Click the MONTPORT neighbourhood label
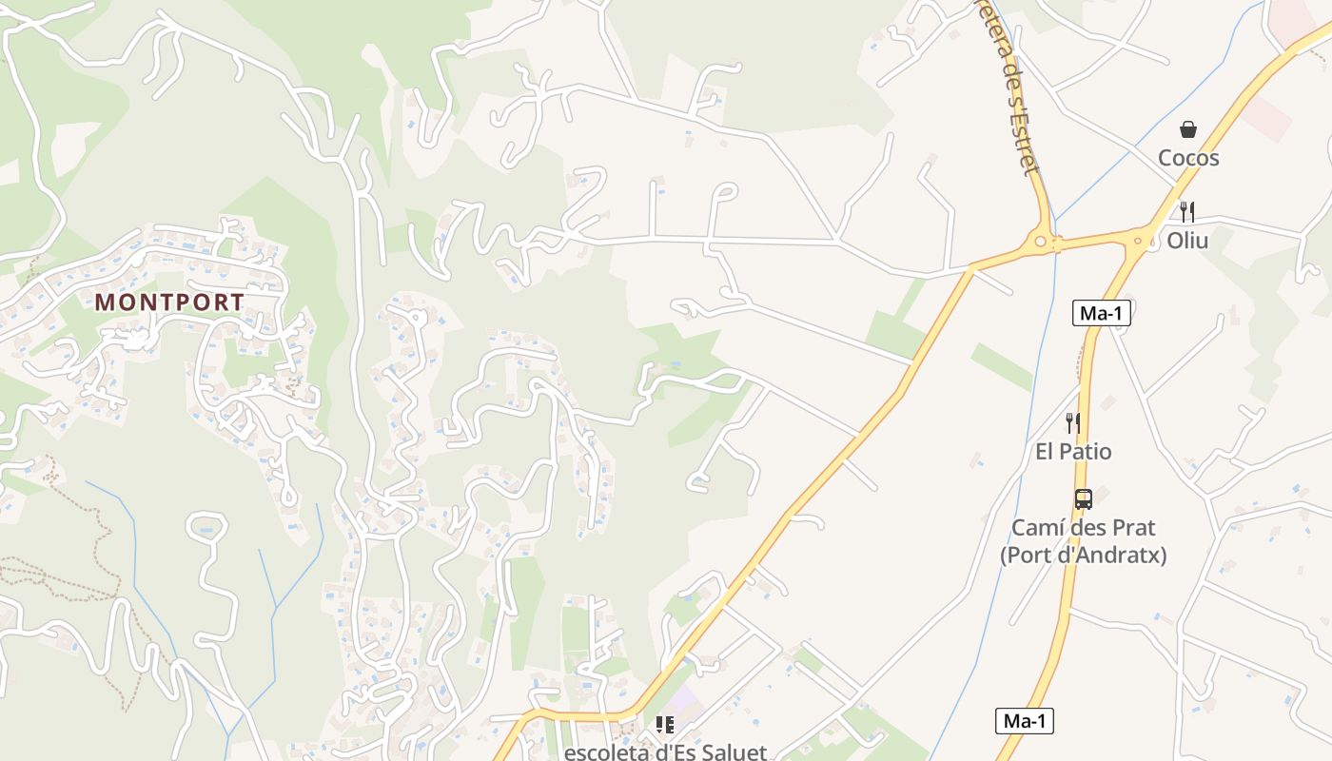pyautogui.click(x=169, y=302)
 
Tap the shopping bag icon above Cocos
pyautogui.click(x=1188, y=129)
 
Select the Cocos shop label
pyautogui.click(x=1188, y=158)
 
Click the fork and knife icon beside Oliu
pyautogui.click(x=1186, y=211)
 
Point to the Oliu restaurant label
pyautogui.click(x=1187, y=241)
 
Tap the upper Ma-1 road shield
pyautogui.click(x=1102, y=313)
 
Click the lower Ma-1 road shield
pyautogui.click(x=1025, y=721)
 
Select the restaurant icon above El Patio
pyautogui.click(x=1073, y=423)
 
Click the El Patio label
pyautogui.click(x=1073, y=451)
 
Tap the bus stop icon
pyautogui.click(x=1083, y=499)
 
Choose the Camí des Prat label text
pyautogui.click(x=1083, y=528)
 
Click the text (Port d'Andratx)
pyautogui.click(x=1083, y=555)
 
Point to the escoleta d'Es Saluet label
pyautogui.click(x=665, y=752)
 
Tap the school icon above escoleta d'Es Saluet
pyautogui.click(x=665, y=725)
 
